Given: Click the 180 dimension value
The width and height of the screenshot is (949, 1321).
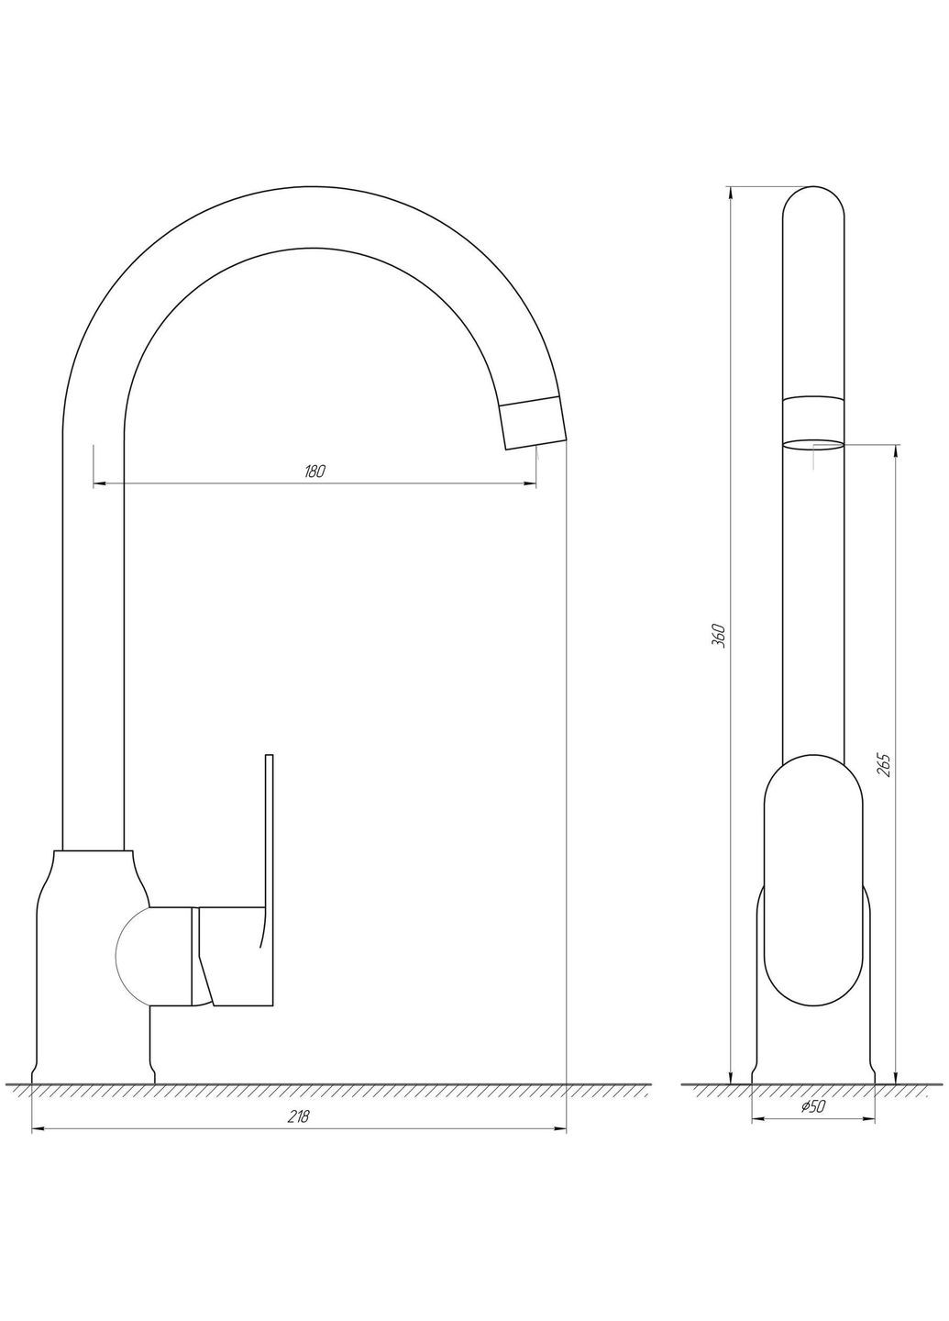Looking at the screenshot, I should tap(314, 472).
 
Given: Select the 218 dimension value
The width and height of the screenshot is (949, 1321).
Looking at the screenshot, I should tap(299, 1116).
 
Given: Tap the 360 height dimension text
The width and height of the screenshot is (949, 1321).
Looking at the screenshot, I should tap(720, 635).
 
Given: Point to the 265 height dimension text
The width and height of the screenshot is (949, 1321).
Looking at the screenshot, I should tap(884, 764).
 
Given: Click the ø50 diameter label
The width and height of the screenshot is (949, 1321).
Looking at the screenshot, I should tap(813, 1107).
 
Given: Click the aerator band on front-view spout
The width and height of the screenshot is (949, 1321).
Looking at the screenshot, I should tap(813, 411).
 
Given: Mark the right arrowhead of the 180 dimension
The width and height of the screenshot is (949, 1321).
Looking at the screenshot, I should tap(531, 483).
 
